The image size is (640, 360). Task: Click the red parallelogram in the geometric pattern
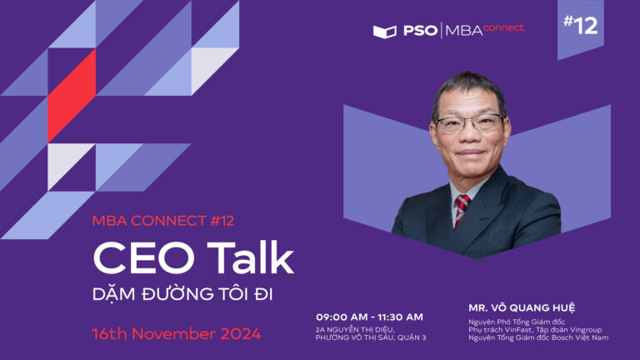[72, 96]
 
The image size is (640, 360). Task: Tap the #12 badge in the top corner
[580, 25]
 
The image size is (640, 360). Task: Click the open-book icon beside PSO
[384, 32]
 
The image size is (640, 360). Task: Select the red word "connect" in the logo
[503, 28]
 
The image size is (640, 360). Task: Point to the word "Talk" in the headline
[250, 258]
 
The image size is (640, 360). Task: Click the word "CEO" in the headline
[144, 258]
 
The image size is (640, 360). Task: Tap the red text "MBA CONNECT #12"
[162, 221]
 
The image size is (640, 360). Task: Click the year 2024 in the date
[241, 334]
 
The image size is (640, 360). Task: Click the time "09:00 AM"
[342, 317]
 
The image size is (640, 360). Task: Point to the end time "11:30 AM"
[400, 317]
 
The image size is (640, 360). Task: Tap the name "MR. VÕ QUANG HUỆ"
[522, 307]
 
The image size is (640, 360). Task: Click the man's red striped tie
[461, 209]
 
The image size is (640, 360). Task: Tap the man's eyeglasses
[469, 122]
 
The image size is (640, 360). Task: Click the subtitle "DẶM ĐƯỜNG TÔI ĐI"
[182, 294]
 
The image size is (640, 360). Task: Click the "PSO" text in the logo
[420, 31]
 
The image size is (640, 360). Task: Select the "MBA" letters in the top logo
[464, 31]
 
